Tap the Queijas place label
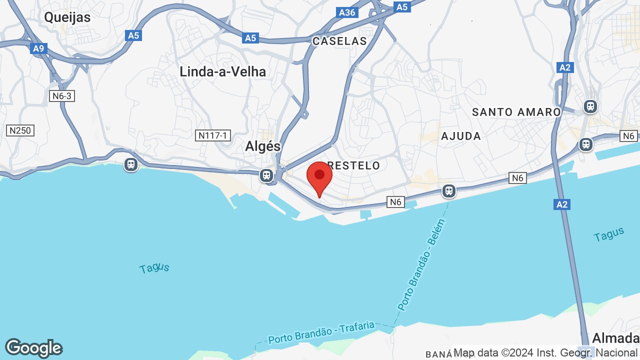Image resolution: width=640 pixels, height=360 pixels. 67,17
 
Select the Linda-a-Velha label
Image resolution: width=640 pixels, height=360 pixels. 222,71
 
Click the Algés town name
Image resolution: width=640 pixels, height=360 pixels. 263,146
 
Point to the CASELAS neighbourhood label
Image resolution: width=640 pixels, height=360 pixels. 339,41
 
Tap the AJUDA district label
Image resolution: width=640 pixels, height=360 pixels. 461,136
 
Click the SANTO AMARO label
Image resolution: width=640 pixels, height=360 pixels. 516,112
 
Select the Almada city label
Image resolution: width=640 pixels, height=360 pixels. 615,338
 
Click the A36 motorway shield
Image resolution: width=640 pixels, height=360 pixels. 347,12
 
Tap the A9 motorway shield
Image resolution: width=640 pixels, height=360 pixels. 38,48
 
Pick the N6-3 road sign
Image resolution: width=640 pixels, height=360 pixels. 62,95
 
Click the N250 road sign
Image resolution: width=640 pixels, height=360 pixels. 20,130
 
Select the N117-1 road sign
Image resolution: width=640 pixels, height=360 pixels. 212,135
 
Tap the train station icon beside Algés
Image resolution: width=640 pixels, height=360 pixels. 266,175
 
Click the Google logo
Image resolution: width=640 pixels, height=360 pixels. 33,348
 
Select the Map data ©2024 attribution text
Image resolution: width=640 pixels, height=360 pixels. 546,353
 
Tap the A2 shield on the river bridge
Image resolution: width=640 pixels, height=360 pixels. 562,204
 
